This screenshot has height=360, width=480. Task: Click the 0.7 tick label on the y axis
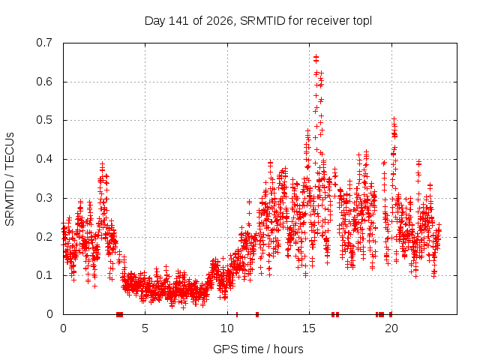coord(44,43)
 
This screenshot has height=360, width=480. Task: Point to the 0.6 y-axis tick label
coord(44,82)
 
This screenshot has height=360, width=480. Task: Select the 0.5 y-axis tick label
coord(44,120)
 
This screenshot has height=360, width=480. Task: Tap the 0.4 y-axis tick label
coord(44,159)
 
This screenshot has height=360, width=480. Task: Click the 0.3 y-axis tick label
coord(44,198)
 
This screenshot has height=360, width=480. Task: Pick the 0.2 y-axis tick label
coord(44,237)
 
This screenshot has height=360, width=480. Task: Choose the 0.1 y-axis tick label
coord(44,275)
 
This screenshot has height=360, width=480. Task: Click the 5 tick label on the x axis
coord(145,328)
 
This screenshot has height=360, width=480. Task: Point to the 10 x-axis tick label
coord(227,328)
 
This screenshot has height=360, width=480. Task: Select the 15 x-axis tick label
coord(309,328)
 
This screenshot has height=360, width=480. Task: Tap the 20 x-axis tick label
coord(391,328)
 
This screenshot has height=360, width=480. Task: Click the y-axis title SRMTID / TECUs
coord(10,179)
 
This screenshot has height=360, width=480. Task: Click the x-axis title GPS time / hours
coord(258,349)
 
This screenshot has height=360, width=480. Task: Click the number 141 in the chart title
coord(178,21)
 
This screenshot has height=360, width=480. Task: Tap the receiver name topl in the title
coord(362,22)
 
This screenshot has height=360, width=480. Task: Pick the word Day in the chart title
coord(155,22)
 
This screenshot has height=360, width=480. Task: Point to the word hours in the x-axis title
coord(288,349)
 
